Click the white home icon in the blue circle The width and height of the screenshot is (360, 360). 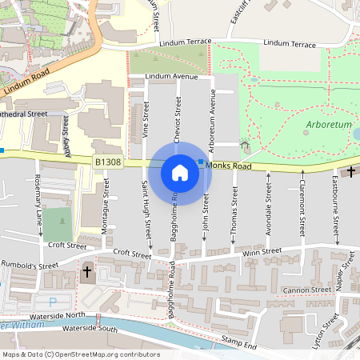[180, 172]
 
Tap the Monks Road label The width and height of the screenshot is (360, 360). [228, 166]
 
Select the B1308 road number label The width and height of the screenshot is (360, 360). [108, 162]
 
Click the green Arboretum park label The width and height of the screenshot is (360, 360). [328, 125]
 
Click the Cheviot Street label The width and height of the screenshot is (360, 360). [178, 120]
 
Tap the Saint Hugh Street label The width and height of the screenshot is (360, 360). [146, 210]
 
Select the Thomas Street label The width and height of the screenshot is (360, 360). [234, 211]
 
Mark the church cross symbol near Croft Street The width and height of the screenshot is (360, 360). [87, 272]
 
